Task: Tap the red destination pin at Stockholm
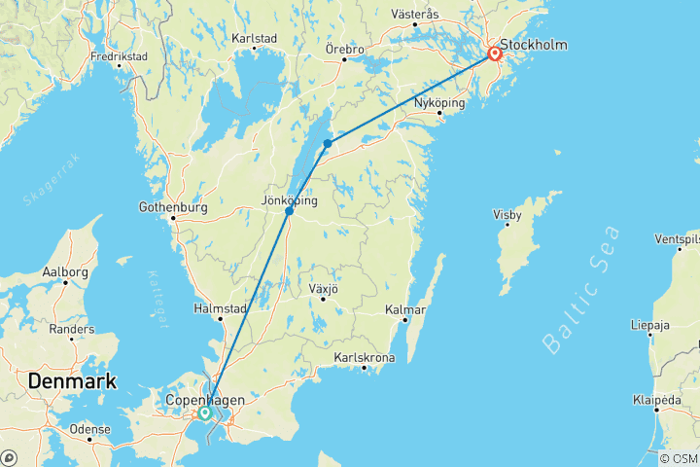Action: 495,54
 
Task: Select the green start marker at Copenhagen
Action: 205,413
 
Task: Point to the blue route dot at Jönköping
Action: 289,211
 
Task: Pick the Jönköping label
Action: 290,199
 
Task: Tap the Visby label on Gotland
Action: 507,214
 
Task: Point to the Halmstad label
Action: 221,308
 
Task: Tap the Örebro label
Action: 345,49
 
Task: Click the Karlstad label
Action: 255,39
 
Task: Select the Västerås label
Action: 415,14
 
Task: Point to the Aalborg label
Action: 67,272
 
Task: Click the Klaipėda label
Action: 657,400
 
